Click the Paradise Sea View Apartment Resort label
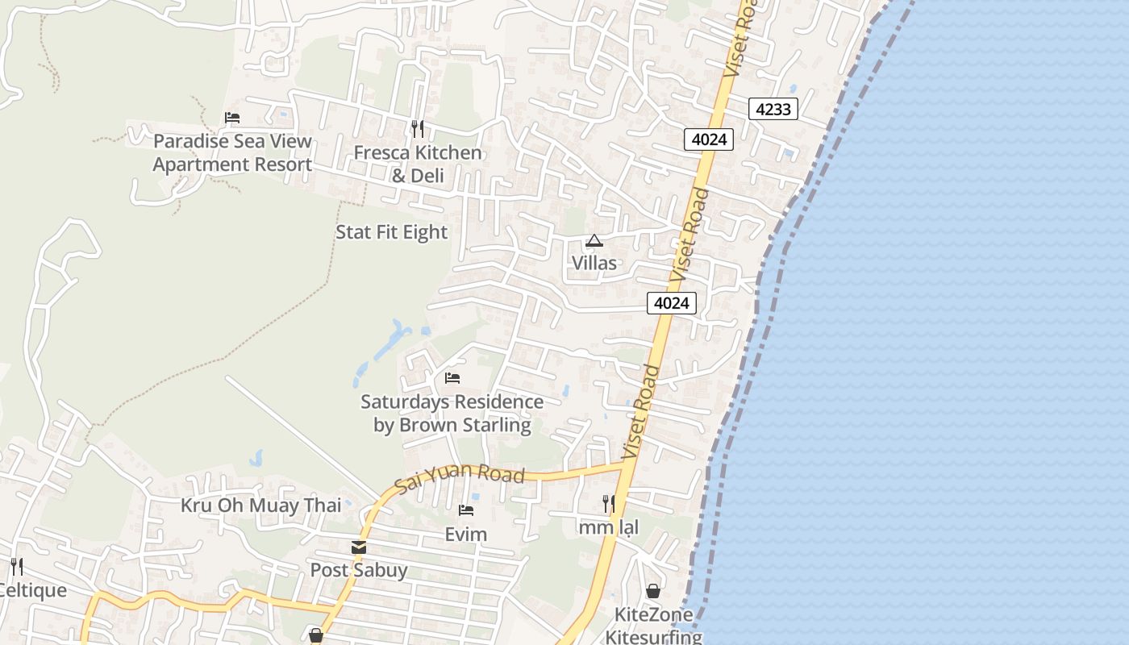click(x=232, y=152)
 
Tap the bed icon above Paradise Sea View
click(x=232, y=118)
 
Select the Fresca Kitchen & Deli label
click(x=418, y=164)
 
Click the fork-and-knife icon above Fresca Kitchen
click(x=418, y=128)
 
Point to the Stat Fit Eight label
click(x=391, y=232)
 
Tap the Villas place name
click(x=594, y=263)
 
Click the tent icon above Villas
click(x=594, y=240)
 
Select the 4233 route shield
click(x=773, y=109)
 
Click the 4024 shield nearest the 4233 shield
click(x=710, y=139)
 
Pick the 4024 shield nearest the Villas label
click(x=671, y=303)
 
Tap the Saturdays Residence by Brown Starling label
click(x=452, y=413)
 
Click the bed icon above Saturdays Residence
click(x=452, y=377)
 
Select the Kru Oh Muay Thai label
click(x=260, y=506)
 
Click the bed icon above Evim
click(x=466, y=510)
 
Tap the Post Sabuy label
click(x=359, y=570)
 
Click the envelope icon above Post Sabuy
click(x=359, y=547)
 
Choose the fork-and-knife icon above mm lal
click(x=609, y=504)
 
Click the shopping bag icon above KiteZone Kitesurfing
click(x=652, y=592)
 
